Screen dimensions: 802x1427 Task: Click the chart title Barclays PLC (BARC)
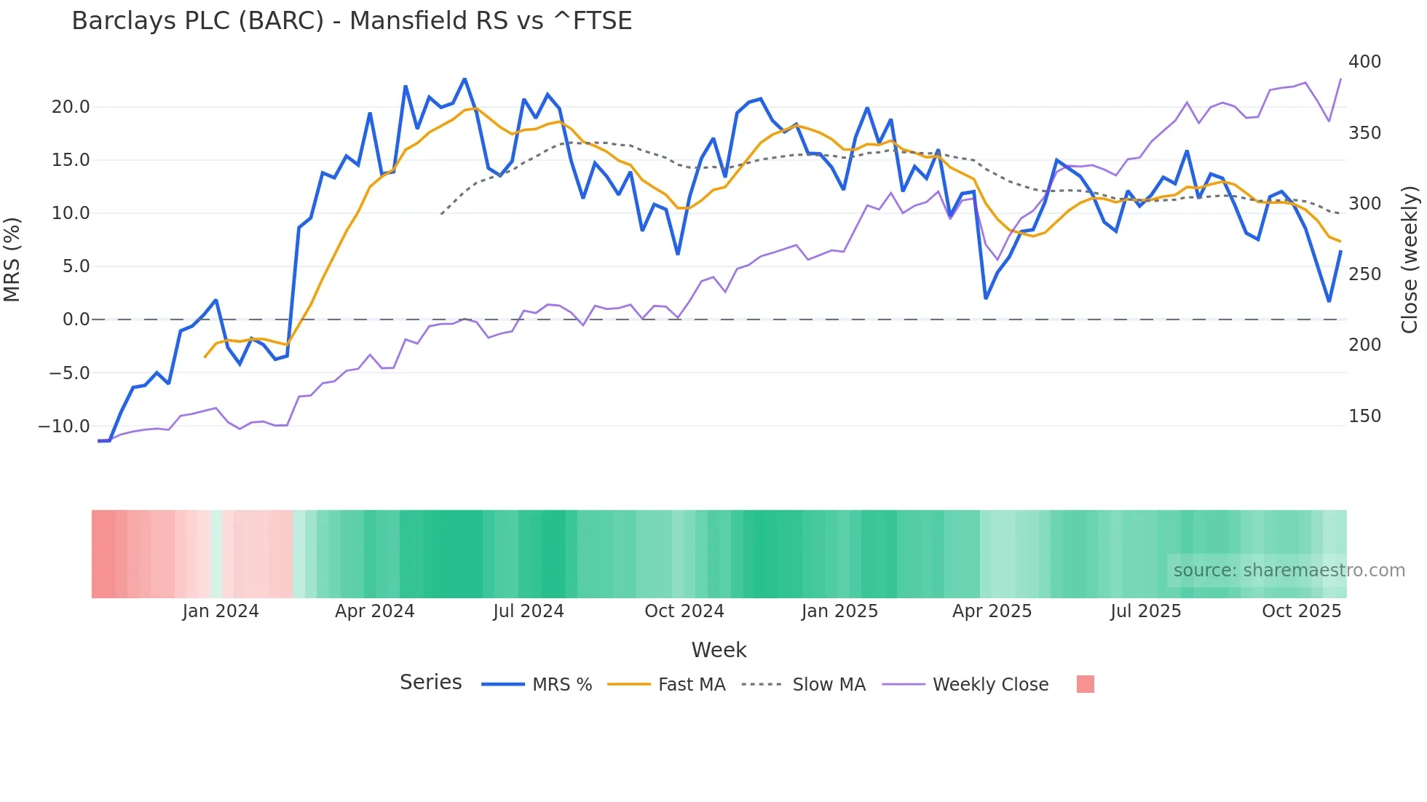[x=352, y=21]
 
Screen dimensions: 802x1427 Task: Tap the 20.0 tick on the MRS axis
[x=71, y=107]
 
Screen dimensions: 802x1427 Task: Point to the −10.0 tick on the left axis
[x=64, y=426]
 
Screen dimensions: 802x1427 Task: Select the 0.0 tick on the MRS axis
[x=76, y=319]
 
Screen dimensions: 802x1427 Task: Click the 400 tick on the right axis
[x=1364, y=62]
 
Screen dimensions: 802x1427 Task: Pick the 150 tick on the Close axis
[x=1364, y=416]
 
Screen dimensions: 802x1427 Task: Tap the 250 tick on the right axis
[x=1364, y=274]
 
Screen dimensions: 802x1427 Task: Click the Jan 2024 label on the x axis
[x=221, y=611]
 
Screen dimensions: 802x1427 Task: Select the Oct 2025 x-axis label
[x=1301, y=611]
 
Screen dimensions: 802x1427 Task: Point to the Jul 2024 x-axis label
[x=529, y=611]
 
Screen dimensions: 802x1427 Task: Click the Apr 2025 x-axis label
[x=992, y=611]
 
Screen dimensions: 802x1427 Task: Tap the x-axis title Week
[x=719, y=650]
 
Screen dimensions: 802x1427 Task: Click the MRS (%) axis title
[x=12, y=259]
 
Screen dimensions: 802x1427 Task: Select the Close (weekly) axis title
[x=1410, y=259]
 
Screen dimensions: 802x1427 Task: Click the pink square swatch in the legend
[x=1085, y=685]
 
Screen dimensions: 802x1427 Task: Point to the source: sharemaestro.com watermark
[x=1289, y=571]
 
